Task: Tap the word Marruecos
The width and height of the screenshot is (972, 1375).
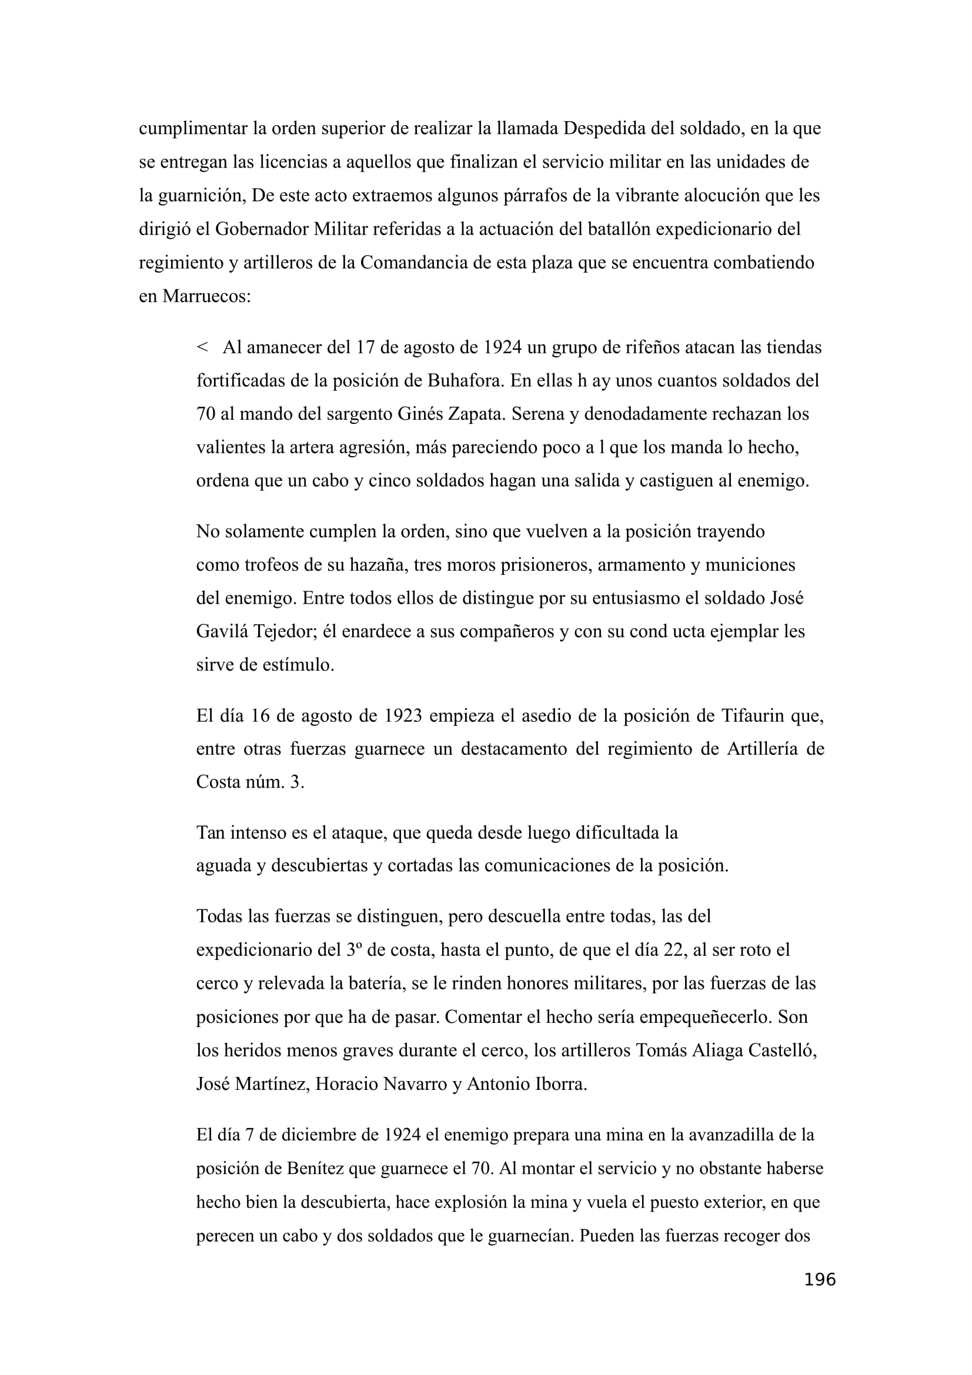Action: click(x=205, y=296)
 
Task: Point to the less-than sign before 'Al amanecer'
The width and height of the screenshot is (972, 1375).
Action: click(x=202, y=347)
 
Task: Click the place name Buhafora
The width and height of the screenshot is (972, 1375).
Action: click(x=464, y=381)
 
